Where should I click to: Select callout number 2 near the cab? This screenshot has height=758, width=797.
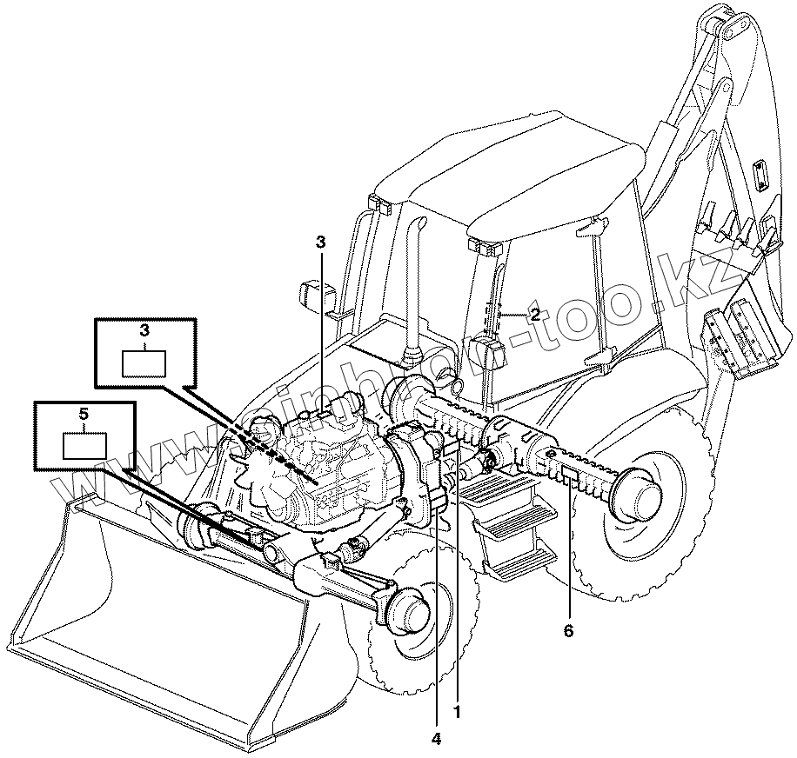tap(535, 315)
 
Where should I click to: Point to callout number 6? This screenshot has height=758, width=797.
tap(568, 631)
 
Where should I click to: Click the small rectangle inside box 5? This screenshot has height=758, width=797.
tap(84, 444)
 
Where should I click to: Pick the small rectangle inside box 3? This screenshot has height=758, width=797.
tap(144, 362)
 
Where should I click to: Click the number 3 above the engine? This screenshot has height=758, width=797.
tap(320, 243)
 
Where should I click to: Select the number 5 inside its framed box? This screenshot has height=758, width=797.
tap(84, 415)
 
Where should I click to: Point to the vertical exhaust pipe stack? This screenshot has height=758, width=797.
tap(412, 287)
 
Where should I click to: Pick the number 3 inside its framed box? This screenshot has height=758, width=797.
tap(144, 331)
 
